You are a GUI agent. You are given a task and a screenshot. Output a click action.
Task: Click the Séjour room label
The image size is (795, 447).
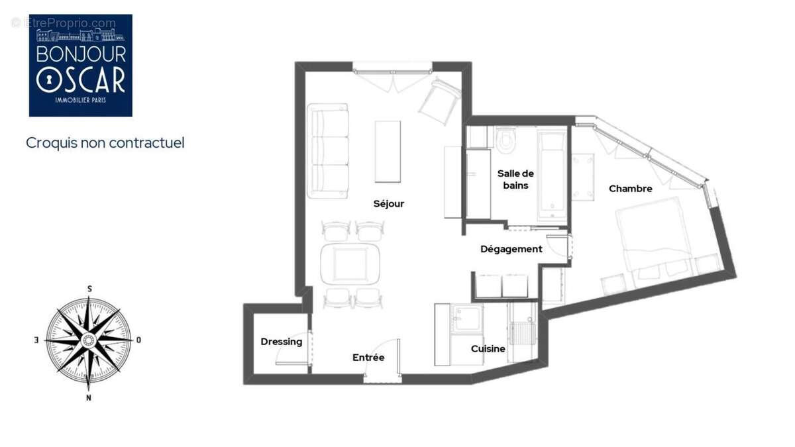tap(389, 204)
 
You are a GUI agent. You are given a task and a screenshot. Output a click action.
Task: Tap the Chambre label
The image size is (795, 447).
tap(630, 189)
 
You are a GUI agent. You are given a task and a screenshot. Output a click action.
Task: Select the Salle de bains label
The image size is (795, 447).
tap(515, 179)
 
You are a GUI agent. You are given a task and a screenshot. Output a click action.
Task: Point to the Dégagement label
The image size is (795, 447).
tap(511, 250)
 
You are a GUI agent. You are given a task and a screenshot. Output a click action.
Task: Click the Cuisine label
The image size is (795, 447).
tap(488, 349)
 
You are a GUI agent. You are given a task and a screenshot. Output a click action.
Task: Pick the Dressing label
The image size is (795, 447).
tap(282, 342)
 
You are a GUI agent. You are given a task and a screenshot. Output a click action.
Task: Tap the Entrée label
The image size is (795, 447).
tap(368, 358)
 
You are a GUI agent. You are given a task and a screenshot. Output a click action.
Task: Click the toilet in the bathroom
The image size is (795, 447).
tap(505, 140)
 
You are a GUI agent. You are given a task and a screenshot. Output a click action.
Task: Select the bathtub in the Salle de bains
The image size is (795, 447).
tap(552, 175)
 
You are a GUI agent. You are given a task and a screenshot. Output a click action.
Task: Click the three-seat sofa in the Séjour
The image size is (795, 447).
tap(327, 151)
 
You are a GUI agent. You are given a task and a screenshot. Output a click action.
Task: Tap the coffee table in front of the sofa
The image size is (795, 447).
tap(388, 152)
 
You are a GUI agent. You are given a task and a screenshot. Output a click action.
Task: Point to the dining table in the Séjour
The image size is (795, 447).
tap(350, 264)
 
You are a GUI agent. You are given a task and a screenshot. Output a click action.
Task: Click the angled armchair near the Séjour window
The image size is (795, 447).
tap(440, 102)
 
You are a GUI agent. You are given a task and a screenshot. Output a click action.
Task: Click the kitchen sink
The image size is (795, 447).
tap(466, 319)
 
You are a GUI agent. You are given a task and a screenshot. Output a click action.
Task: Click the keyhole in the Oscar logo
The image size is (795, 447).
tap(49, 79)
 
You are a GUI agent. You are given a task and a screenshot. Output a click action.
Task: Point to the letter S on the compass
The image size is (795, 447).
tap(90, 289)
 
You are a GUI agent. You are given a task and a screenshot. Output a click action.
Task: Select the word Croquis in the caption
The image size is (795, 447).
tap(52, 143)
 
